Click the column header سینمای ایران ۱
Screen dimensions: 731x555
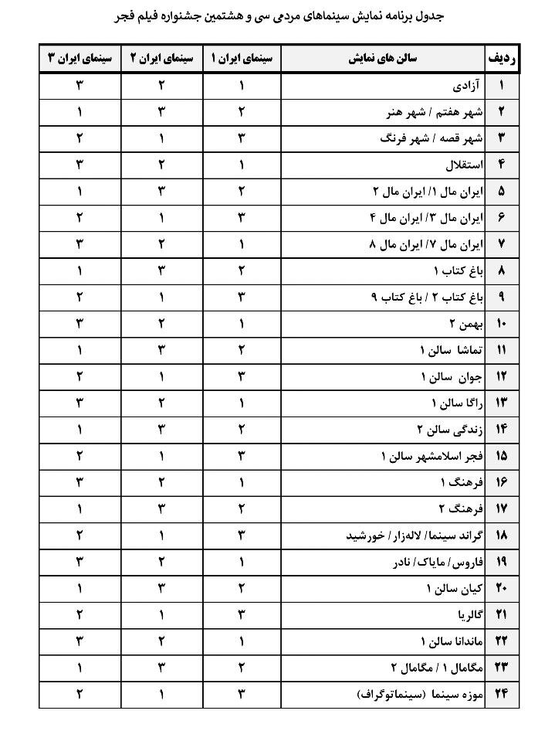point(242,59)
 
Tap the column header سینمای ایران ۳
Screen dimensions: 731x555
point(80,59)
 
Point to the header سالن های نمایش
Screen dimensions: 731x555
point(382,59)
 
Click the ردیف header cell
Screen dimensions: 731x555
point(502,59)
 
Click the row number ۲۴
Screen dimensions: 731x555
point(502,694)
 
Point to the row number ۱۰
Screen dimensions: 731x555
point(502,323)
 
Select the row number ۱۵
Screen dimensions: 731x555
point(502,455)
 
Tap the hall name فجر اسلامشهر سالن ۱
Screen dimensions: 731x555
point(431,455)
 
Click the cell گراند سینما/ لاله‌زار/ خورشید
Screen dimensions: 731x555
point(415,535)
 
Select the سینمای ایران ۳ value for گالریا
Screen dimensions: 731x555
point(80,614)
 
